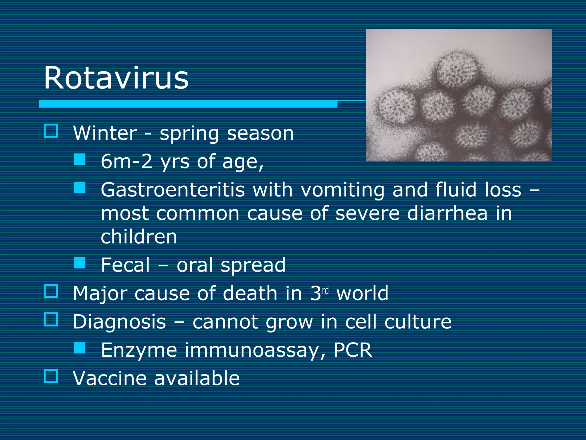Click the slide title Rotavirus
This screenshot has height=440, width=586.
(x=116, y=78)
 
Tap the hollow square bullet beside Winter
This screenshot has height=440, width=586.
(x=51, y=131)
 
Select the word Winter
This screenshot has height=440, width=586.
(x=105, y=133)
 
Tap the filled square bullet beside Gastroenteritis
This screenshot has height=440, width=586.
(x=80, y=188)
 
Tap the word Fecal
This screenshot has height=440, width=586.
(x=125, y=265)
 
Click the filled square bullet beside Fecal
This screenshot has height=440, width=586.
(x=80, y=263)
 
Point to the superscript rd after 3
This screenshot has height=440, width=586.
(x=325, y=290)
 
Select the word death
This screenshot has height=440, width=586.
(x=250, y=293)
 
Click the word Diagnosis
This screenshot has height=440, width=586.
(x=119, y=322)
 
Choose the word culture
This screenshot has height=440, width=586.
(x=418, y=322)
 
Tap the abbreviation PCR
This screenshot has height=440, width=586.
(x=353, y=350)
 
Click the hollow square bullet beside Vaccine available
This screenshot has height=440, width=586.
(x=51, y=376)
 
